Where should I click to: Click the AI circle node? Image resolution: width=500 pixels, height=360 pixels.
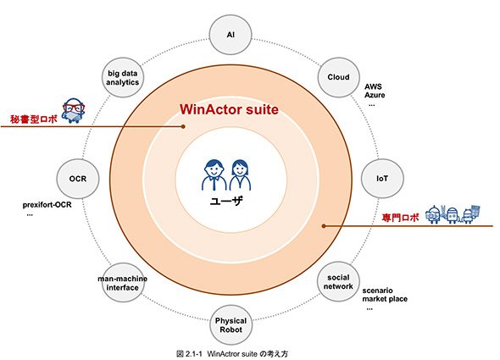click(x=231, y=35)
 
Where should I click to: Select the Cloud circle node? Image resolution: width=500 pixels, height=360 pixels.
click(x=338, y=77)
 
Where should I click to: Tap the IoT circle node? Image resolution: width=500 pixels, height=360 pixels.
click(x=382, y=178)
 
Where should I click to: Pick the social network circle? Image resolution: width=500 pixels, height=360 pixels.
click(x=338, y=282)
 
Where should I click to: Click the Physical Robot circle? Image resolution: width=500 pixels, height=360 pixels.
click(x=231, y=325)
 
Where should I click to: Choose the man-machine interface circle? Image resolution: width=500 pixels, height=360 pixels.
click(x=123, y=283)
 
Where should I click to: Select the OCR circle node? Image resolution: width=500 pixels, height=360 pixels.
click(x=78, y=179)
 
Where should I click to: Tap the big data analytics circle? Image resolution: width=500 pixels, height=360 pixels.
click(x=123, y=77)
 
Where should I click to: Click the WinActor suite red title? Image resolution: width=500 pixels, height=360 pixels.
click(x=229, y=109)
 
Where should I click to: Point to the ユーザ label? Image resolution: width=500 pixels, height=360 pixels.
click(x=226, y=201)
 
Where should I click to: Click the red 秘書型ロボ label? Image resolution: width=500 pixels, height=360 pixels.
click(x=34, y=119)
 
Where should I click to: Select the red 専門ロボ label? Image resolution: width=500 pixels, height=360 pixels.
click(x=401, y=218)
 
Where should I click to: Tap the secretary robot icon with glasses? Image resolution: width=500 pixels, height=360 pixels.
click(x=74, y=111)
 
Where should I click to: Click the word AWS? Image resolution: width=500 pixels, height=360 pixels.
click(x=373, y=86)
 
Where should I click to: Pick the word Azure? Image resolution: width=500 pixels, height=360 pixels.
click(x=375, y=95)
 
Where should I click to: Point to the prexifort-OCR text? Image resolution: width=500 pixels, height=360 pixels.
click(x=47, y=205)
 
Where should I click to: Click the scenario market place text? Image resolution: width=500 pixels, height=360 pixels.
click(x=385, y=295)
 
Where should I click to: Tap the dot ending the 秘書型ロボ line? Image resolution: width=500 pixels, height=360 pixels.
click(x=183, y=126)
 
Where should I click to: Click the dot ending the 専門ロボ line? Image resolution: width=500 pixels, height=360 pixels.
click(x=324, y=226)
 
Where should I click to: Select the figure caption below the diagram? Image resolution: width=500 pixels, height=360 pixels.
click(x=232, y=353)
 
